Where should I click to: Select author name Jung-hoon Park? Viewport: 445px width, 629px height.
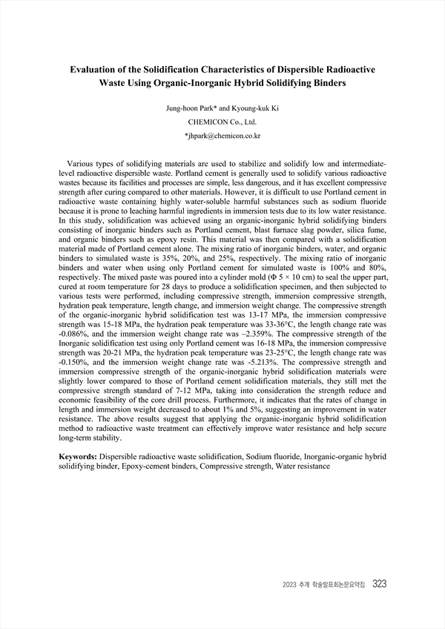(x=197, y=108)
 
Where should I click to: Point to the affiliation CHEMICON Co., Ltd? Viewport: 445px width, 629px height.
(x=222, y=122)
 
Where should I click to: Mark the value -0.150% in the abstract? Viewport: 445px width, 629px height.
(x=75, y=373)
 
